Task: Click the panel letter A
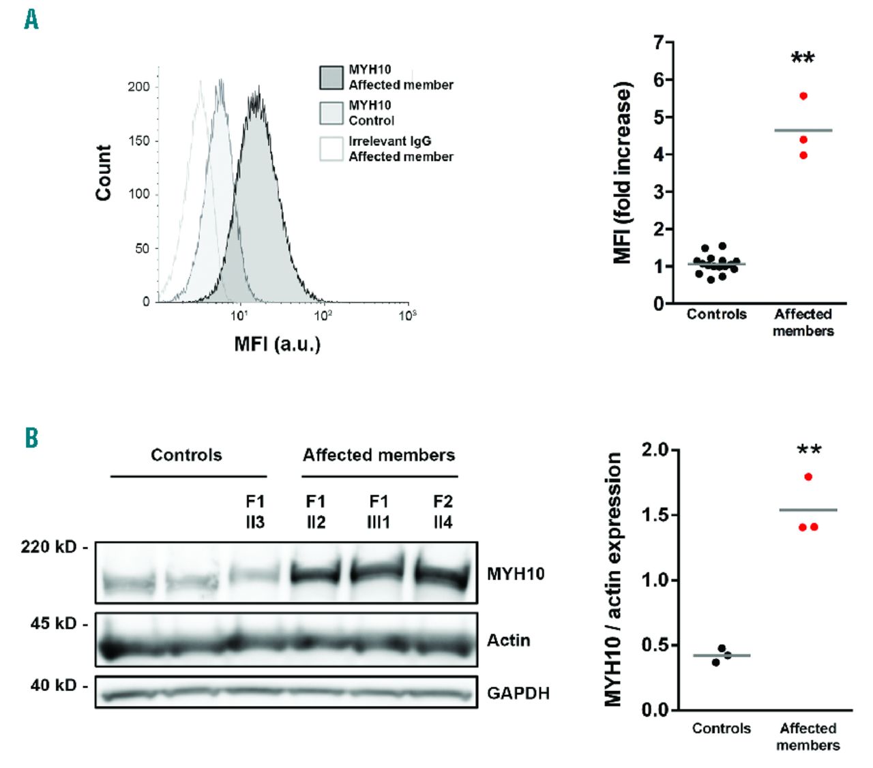pyautogui.click(x=31, y=19)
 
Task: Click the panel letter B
pyautogui.click(x=31, y=437)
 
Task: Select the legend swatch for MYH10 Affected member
pyautogui.click(x=331, y=77)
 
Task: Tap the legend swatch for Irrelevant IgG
pyautogui.click(x=331, y=149)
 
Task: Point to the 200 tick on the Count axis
pyautogui.click(x=139, y=87)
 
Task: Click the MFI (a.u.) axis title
pyautogui.click(x=277, y=344)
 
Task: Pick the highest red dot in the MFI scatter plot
pyautogui.click(x=803, y=96)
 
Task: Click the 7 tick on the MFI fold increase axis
pyautogui.click(x=659, y=43)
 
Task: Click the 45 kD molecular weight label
pyautogui.click(x=54, y=623)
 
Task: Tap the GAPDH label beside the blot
pyautogui.click(x=518, y=693)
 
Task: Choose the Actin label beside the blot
pyautogui.click(x=508, y=640)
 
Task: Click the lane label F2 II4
pyautogui.click(x=443, y=512)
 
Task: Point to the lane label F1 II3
pyautogui.click(x=255, y=512)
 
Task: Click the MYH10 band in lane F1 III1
pyautogui.click(x=379, y=571)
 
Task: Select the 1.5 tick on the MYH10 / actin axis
pyautogui.click(x=655, y=515)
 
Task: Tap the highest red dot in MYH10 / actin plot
pyautogui.click(x=808, y=477)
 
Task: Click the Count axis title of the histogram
pyautogui.click(x=104, y=173)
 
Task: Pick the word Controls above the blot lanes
pyautogui.click(x=186, y=455)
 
